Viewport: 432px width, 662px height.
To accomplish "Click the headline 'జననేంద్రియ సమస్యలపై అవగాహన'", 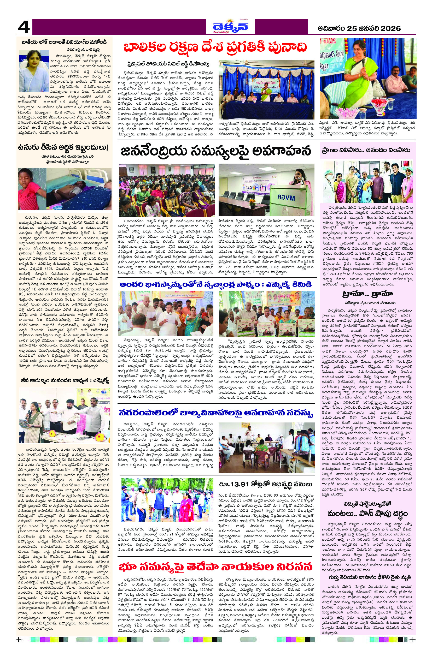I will [216, 152].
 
